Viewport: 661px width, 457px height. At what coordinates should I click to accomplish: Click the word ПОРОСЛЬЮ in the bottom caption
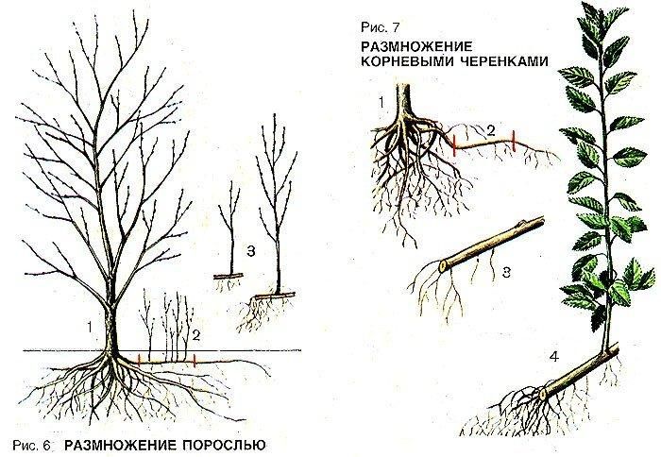point(212,442)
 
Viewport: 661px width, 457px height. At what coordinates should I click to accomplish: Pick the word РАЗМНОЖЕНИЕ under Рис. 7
point(418,45)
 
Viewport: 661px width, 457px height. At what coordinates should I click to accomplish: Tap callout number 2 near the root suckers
point(195,332)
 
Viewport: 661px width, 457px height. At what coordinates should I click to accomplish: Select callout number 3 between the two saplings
point(249,251)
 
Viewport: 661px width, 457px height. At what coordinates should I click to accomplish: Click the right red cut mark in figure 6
point(194,360)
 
